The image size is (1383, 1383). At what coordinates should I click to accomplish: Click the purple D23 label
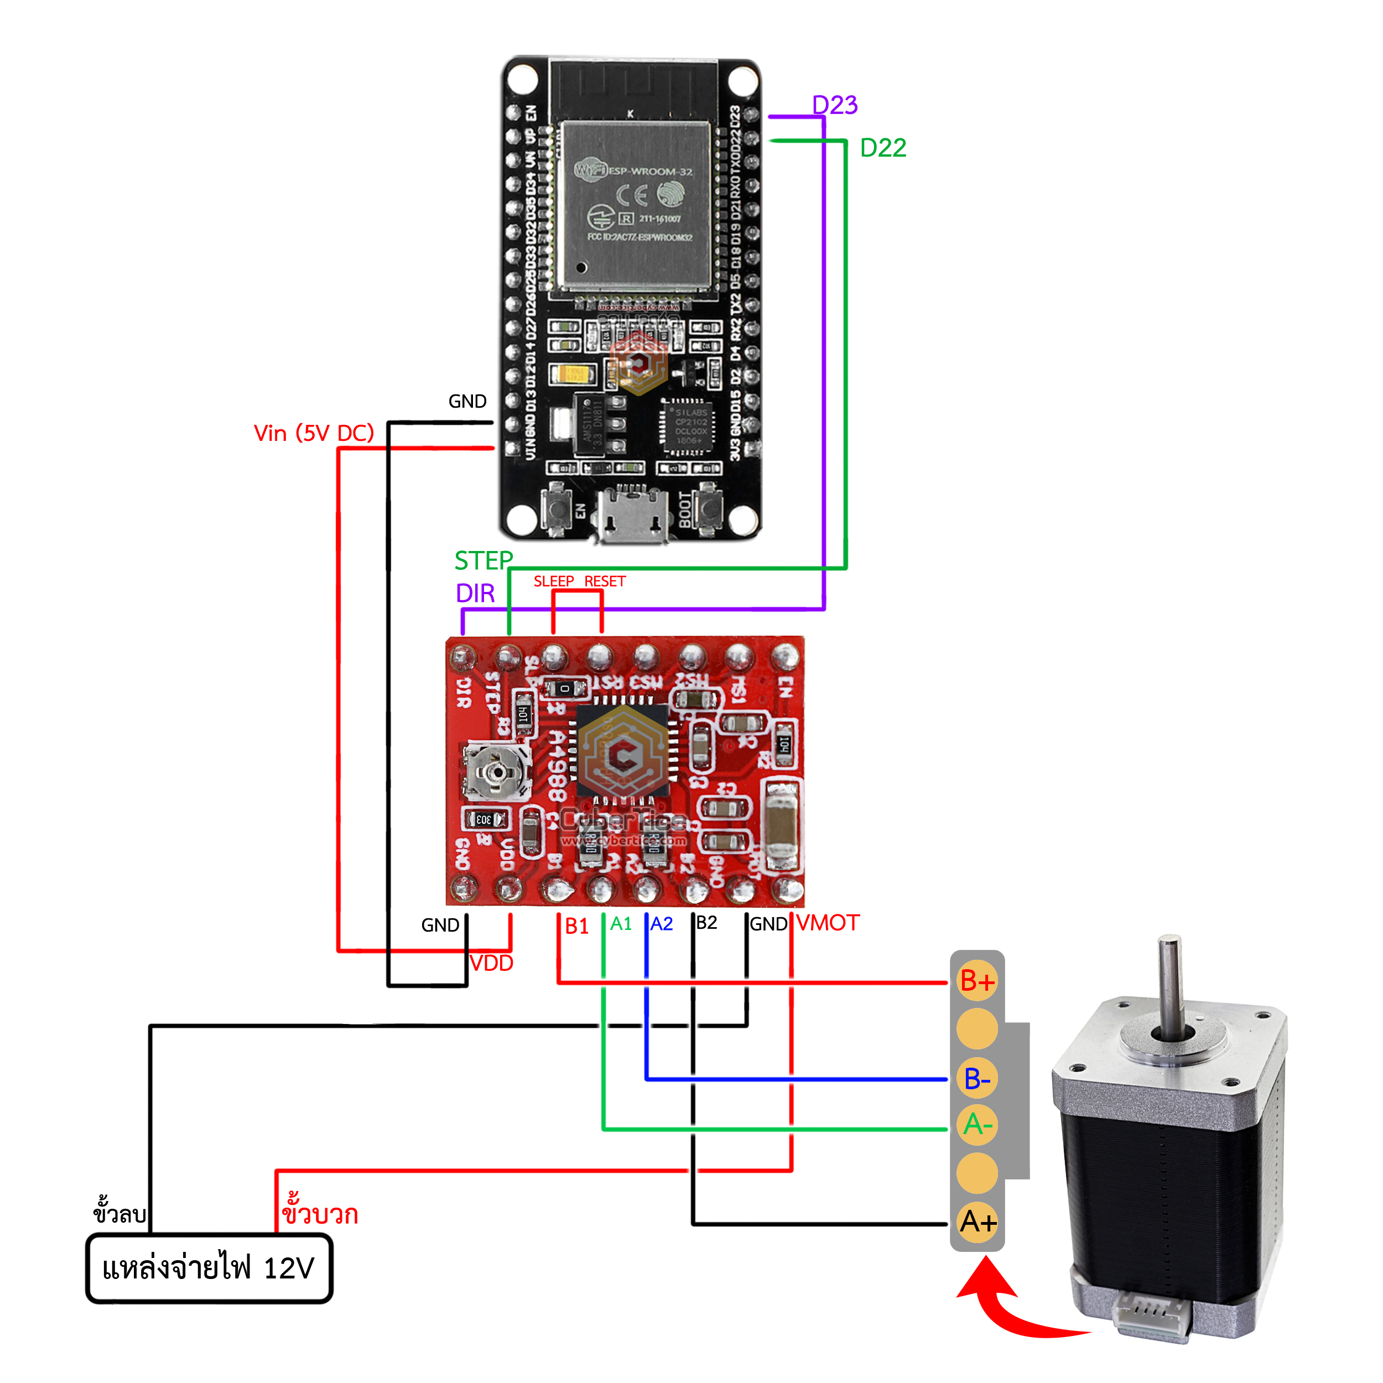(834, 105)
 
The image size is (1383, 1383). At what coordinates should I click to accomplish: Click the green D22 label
(882, 148)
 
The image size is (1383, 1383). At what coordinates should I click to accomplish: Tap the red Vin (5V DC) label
(314, 433)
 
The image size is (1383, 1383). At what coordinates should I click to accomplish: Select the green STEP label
(483, 560)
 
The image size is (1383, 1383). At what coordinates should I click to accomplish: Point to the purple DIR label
(475, 594)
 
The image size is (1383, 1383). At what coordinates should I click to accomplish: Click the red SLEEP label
(553, 581)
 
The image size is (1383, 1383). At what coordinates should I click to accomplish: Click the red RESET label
(605, 581)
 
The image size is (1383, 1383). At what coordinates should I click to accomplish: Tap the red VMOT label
(828, 923)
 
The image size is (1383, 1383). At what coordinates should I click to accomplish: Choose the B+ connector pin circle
(977, 981)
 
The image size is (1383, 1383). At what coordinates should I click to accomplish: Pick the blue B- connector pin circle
(977, 1079)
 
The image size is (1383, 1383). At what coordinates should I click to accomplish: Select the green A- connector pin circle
(977, 1125)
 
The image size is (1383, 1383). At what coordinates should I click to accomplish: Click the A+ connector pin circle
(977, 1222)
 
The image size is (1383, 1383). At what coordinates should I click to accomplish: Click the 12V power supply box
(209, 1268)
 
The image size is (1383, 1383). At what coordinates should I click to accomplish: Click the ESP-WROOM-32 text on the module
(650, 172)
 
